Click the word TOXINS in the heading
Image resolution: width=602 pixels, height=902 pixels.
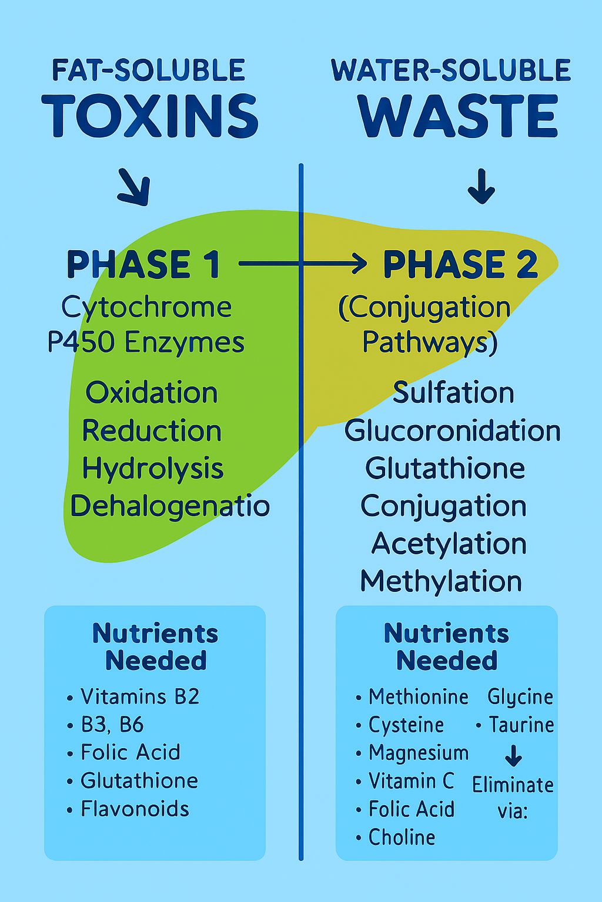pos(150,116)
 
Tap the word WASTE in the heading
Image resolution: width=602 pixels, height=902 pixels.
pos(458,116)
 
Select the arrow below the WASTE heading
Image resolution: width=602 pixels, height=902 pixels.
pos(481,186)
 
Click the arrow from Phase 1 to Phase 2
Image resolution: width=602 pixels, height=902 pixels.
pos(303,264)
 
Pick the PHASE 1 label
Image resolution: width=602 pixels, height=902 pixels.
pos(143,264)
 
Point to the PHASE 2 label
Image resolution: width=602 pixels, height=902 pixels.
pos(460,264)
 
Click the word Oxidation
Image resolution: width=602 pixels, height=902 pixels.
pos(152,392)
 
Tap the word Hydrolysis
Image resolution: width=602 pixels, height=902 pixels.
pos(153,469)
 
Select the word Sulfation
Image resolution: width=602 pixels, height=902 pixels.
pos(453,392)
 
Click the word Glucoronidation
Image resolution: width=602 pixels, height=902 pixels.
pos(453,430)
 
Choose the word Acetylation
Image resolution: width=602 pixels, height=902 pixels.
pos(449,543)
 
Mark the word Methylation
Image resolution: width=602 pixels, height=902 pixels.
pos(441,581)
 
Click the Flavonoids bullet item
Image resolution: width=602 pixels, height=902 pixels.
pos(135,809)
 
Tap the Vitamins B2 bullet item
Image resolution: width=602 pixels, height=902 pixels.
pos(140,696)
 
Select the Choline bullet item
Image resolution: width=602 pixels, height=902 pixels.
pos(402,837)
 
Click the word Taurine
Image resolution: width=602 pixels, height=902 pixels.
pos(521,725)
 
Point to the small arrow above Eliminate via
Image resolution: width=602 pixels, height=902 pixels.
pos(513,756)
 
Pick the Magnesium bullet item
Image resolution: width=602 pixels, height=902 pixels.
pos(418,753)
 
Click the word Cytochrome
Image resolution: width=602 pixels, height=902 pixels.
pos(146,307)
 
